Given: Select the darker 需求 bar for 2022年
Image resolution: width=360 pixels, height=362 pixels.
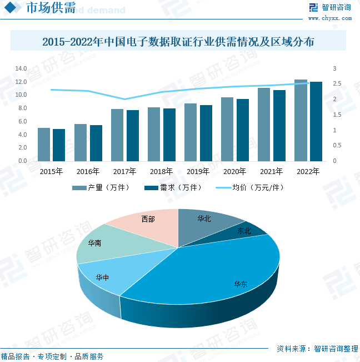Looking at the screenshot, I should (316, 122).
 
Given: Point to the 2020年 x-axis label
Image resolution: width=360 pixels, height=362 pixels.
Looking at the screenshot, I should (234, 171).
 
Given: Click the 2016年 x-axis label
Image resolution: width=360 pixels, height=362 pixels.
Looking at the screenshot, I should (88, 171).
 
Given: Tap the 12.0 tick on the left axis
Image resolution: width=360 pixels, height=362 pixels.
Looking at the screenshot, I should (21, 82).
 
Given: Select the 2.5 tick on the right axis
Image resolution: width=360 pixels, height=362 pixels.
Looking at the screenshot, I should (337, 84).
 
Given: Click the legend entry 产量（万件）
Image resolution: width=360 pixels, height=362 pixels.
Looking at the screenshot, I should (101, 188).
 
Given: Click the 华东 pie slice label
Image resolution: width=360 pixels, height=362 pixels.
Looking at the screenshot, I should (241, 284).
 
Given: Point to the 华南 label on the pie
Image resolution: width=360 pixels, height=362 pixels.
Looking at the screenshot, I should (94, 243).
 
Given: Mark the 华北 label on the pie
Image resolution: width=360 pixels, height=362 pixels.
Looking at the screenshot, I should (204, 219).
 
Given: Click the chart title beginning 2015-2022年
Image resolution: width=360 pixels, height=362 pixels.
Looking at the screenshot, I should (178, 42).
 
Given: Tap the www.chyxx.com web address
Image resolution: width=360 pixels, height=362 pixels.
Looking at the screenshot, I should (329, 18).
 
